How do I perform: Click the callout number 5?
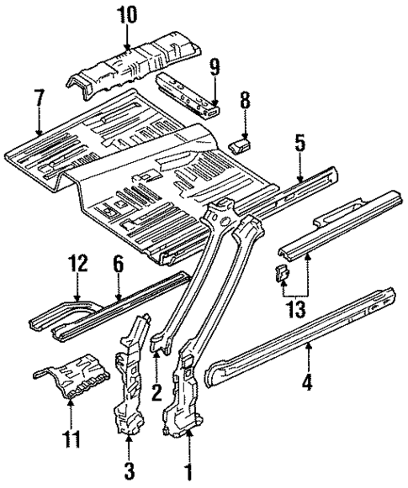point(300,142)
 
